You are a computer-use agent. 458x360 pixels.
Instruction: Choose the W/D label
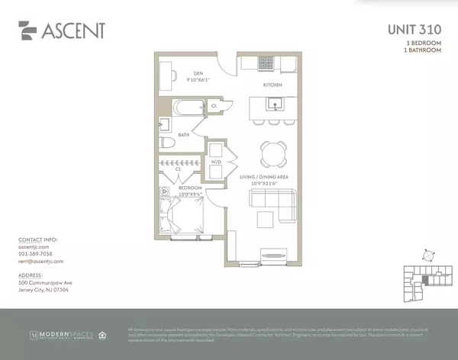pos(215,162)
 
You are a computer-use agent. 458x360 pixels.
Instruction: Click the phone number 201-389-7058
pos(35,254)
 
